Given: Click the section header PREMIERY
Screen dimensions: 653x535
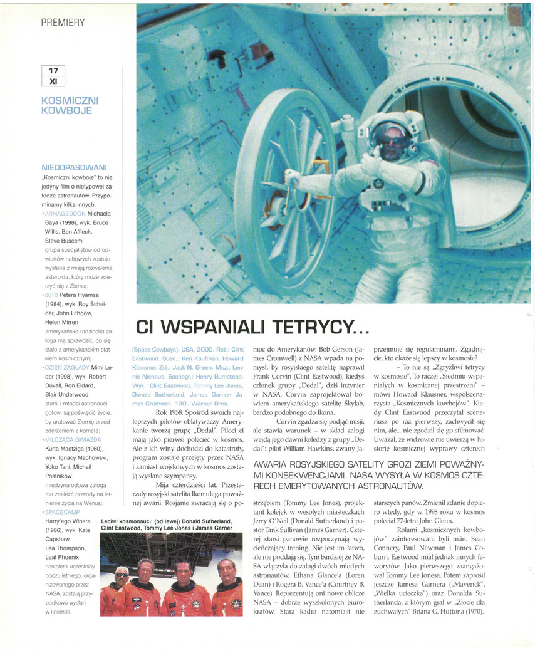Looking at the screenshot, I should (63, 23).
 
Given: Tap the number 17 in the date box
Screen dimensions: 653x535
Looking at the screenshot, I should (53, 71).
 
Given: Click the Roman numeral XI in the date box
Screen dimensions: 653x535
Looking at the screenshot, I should (53, 81).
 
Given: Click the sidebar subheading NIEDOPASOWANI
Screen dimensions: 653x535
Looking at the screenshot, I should (74, 168).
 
